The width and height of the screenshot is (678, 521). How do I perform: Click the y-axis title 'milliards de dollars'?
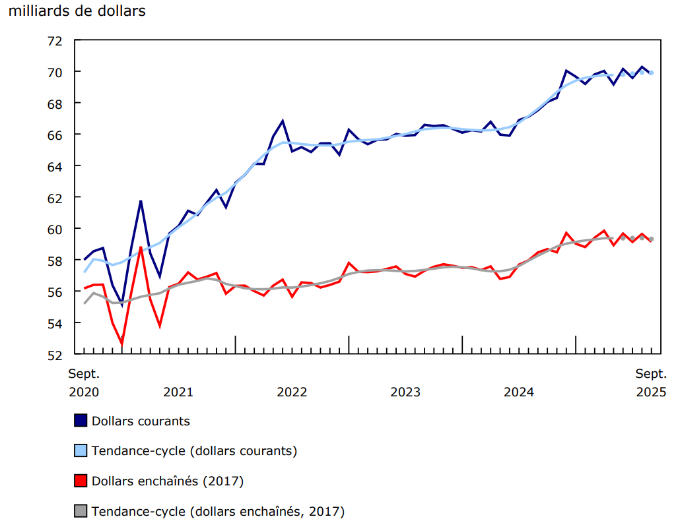tap(77, 11)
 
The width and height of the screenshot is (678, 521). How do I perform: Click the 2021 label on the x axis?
tap(178, 392)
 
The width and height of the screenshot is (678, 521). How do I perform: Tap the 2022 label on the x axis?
tap(292, 392)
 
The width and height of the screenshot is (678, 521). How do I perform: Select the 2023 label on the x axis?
tap(405, 392)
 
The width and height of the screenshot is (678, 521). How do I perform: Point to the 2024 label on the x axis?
tap(519, 392)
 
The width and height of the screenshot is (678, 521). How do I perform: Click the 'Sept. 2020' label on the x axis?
tap(84, 383)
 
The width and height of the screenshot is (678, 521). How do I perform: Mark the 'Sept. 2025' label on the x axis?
tap(651, 383)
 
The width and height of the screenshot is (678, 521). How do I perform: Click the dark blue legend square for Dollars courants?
tap(81, 421)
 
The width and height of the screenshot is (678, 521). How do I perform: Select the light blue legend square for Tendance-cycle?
tap(81, 451)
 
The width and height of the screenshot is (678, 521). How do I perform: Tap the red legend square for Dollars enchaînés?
tap(81, 481)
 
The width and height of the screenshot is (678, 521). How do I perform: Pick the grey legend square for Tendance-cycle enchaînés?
tap(81, 511)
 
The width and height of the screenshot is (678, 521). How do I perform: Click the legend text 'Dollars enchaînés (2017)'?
tap(168, 481)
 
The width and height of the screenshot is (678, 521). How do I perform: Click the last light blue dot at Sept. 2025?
tap(651, 73)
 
